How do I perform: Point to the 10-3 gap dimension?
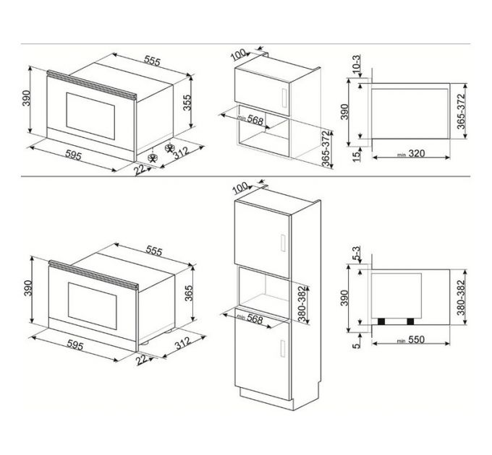[355, 65]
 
